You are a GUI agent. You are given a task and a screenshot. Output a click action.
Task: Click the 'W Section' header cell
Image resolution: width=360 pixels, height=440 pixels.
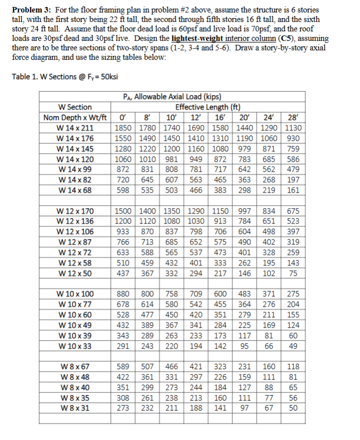pyautogui.click(x=75, y=107)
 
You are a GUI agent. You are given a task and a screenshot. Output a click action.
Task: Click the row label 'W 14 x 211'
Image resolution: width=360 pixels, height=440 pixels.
pyautogui.click(x=75, y=127)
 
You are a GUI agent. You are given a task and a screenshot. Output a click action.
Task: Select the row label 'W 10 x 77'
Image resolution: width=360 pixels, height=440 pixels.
pyautogui.click(x=75, y=304)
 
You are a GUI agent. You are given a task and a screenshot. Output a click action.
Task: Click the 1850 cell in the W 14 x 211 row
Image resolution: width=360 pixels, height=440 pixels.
pyautogui.click(x=123, y=127)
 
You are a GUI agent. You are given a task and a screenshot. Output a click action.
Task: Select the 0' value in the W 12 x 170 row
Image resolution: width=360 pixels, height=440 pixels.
pyautogui.click(x=123, y=211)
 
